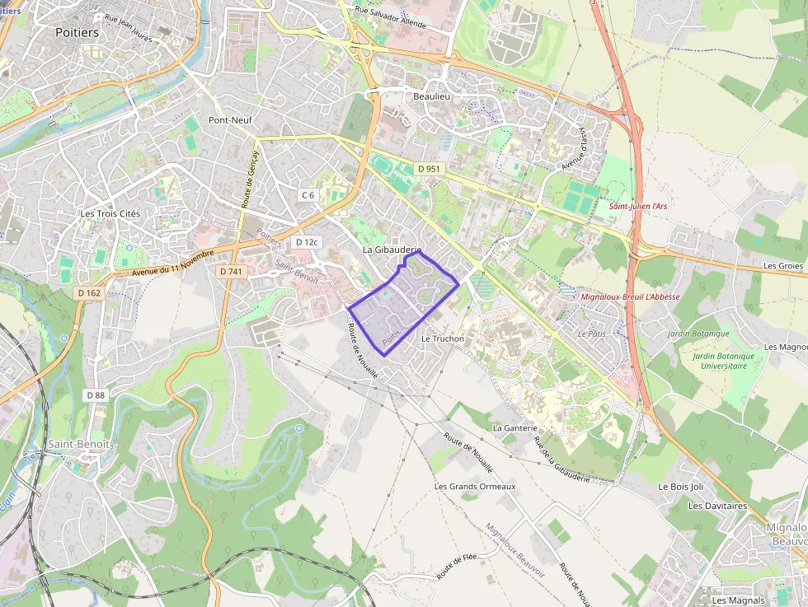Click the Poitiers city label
pyautogui.click(x=77, y=32)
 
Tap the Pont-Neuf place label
pyautogui.click(x=230, y=120)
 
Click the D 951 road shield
pyautogui.click(x=429, y=169)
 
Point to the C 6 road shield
pyautogui.click(x=308, y=195)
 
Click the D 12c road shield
pyautogui.click(x=307, y=242)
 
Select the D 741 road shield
pyautogui.click(x=232, y=271)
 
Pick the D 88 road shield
pyautogui.click(x=96, y=395)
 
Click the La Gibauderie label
pyautogui.click(x=392, y=250)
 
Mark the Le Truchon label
pyautogui.click(x=443, y=339)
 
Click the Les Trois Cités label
pyautogui.click(x=110, y=213)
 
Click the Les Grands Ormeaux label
pyautogui.click(x=475, y=487)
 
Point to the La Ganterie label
pyautogui.click(x=515, y=428)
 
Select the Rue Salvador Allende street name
pyautogui.click(x=391, y=17)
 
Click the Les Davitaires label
pyautogui.click(x=717, y=506)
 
